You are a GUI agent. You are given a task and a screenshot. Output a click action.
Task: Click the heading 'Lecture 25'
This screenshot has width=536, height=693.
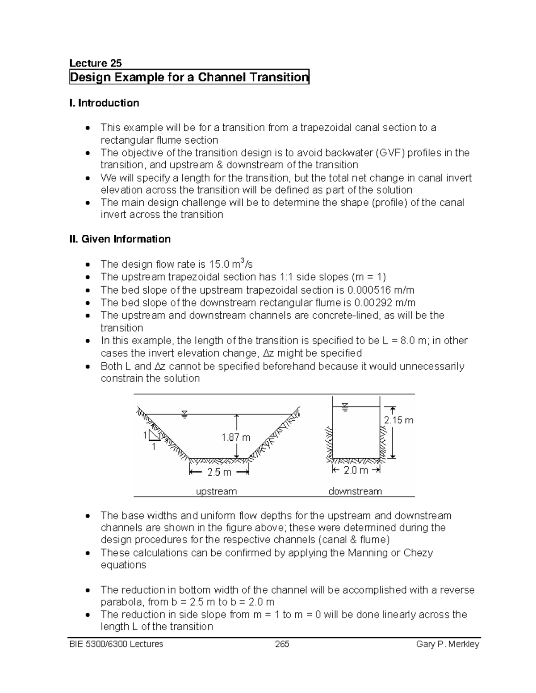(x=96, y=63)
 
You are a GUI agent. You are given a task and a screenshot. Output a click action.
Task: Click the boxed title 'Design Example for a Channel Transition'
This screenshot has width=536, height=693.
(x=189, y=78)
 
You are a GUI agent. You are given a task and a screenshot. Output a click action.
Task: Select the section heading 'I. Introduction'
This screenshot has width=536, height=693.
(x=104, y=103)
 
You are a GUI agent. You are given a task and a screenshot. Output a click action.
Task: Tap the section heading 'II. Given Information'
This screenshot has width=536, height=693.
(x=120, y=239)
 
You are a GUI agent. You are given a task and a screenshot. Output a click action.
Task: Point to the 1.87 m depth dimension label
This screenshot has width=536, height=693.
(x=236, y=438)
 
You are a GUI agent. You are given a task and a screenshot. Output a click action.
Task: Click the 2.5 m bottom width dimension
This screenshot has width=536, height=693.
(x=219, y=472)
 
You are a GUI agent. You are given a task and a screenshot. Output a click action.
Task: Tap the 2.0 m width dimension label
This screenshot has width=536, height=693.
(x=356, y=470)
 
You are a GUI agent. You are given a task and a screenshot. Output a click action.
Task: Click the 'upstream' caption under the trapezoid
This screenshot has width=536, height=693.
(x=217, y=491)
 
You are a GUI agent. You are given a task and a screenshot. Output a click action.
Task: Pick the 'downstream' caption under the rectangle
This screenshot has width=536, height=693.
(x=355, y=491)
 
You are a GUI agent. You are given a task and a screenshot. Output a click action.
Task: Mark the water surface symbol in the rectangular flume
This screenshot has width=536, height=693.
(x=344, y=407)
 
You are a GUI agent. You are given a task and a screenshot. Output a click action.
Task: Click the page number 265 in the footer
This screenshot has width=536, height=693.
(x=282, y=644)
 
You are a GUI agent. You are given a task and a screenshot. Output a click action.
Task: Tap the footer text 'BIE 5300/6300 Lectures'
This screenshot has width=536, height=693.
(x=116, y=644)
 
